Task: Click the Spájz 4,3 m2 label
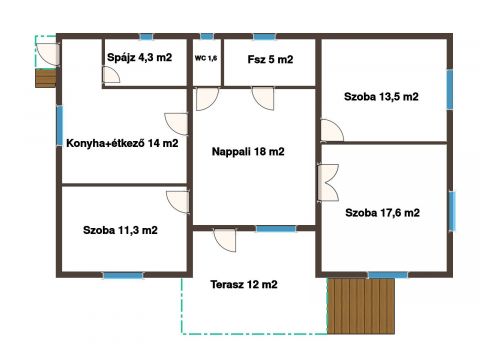(x=139, y=58)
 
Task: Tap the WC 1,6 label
(x=206, y=58)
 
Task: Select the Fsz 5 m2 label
(x=270, y=59)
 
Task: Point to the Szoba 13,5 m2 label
(x=381, y=97)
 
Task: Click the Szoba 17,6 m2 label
(x=382, y=213)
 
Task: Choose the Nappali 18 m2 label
(x=248, y=152)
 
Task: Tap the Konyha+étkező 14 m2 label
(x=122, y=143)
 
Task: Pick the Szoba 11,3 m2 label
(x=120, y=230)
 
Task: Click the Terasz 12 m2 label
(x=244, y=284)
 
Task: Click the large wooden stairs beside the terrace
(x=361, y=306)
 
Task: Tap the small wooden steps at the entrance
(x=46, y=78)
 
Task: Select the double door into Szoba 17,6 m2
(x=328, y=183)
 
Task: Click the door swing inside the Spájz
(x=111, y=74)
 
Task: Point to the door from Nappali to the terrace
(x=225, y=240)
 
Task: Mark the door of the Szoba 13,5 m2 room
(x=332, y=130)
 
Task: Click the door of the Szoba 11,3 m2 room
(x=178, y=202)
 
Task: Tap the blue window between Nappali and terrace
(x=276, y=229)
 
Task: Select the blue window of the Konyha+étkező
(x=60, y=125)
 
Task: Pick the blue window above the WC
(x=207, y=36)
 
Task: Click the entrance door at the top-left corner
(x=48, y=54)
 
